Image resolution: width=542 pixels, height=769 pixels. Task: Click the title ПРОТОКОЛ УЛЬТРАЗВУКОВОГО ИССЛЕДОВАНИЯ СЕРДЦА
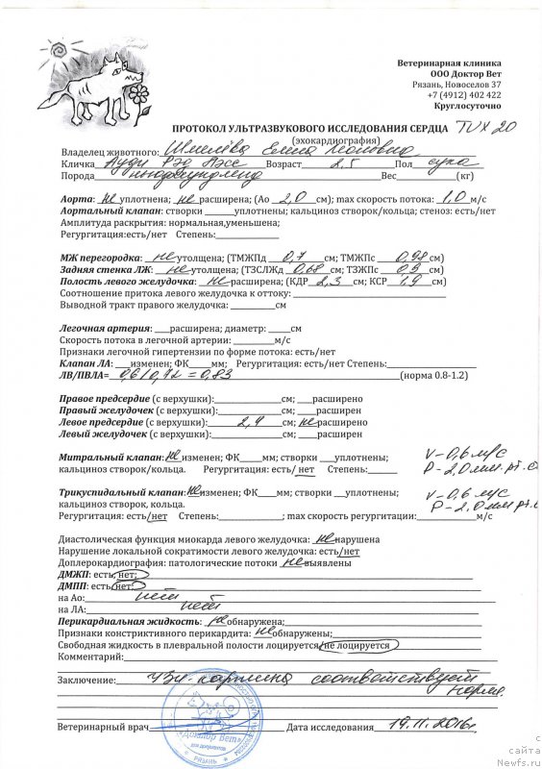[309, 128]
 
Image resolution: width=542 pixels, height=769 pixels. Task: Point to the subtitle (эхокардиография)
[309, 139]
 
